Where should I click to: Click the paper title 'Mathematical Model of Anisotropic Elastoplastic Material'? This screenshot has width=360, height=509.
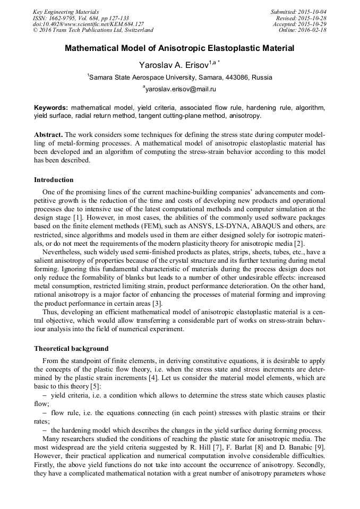[x=179, y=48]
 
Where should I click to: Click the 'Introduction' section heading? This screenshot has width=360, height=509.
[x=54, y=180]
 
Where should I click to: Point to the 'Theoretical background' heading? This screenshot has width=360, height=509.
[x=71, y=349]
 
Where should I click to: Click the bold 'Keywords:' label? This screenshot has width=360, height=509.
[x=51, y=107]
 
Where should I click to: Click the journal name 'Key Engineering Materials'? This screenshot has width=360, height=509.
[x=66, y=12]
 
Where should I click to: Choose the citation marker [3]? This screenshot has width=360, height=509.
[x=157, y=304]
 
